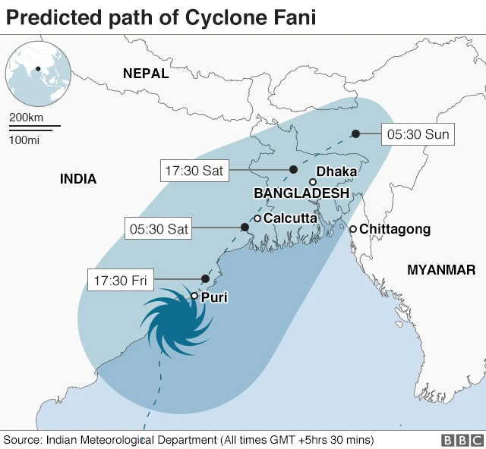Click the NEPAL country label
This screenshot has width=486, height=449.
146,73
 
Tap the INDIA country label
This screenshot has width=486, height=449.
78,179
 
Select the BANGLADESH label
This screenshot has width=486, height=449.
301,193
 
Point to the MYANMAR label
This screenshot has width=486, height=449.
441,269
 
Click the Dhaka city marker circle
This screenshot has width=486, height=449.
313,182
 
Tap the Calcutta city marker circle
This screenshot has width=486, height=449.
257,218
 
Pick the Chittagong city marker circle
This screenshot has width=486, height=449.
353,228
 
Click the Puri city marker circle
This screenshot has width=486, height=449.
194,297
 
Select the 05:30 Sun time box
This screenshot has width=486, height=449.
418,135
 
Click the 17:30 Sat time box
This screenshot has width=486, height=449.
194,171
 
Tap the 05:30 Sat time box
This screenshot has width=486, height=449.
158,228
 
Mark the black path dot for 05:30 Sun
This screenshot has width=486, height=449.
355,134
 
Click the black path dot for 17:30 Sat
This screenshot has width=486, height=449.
293,169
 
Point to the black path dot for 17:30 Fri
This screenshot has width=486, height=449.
204,278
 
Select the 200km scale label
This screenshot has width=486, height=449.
26,118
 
